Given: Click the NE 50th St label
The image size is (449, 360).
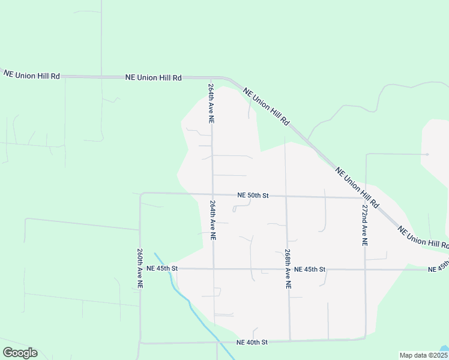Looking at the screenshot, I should [252, 195].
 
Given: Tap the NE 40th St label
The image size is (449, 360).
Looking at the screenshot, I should [252, 342].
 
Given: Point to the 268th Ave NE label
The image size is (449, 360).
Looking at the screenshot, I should [288, 270].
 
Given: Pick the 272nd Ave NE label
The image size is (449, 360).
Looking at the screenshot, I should [364, 225].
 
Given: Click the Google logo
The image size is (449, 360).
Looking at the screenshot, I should [20, 352].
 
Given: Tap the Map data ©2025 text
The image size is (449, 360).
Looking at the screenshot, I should [423, 355].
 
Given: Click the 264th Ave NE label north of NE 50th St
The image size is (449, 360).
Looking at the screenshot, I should [211, 103].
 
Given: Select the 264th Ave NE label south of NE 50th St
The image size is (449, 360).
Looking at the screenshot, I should [212, 220].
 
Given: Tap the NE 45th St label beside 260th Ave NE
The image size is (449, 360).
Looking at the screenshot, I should [162, 268].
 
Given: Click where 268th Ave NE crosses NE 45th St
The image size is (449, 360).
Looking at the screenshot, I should [288, 269].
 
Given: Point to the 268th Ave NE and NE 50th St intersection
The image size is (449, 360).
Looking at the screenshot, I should [286, 196].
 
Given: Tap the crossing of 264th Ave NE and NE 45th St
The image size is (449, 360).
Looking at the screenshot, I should [213, 268].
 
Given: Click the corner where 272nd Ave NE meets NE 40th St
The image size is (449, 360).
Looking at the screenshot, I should [365, 338].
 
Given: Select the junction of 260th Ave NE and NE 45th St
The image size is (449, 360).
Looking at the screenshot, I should [140, 268].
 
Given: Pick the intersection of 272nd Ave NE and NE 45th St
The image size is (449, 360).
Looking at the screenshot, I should [365, 269].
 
